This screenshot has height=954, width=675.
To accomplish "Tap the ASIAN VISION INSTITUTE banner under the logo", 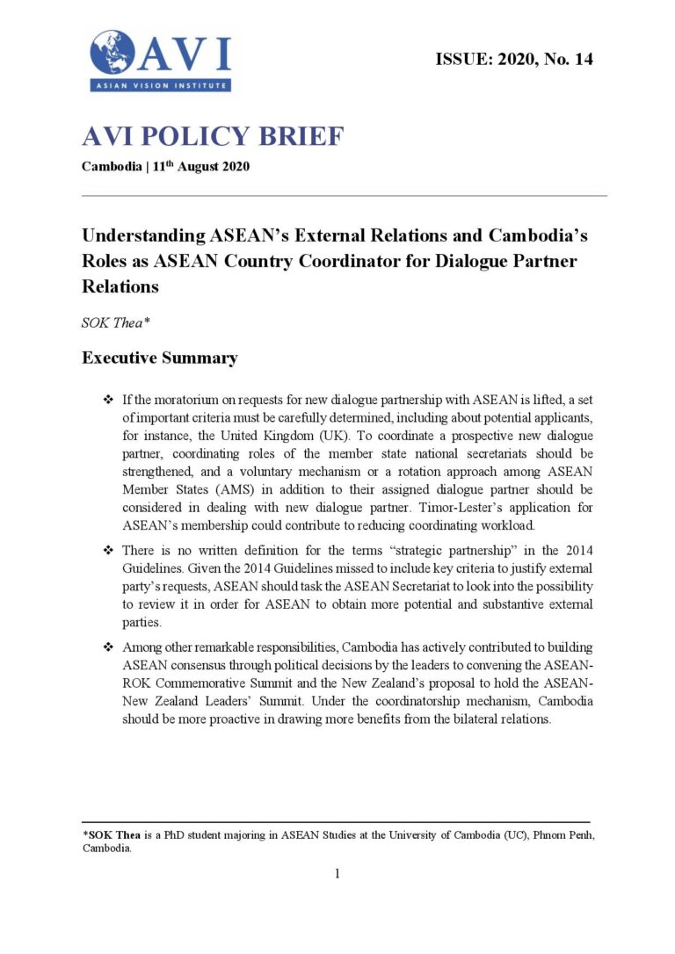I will tap(160, 85).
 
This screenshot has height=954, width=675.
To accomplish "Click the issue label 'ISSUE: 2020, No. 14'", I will tap(514, 60).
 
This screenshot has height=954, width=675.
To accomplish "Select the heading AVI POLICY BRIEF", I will tap(213, 137).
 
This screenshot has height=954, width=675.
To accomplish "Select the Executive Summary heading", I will tap(159, 358).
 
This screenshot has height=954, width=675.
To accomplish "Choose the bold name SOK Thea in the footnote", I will tap(115, 835).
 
